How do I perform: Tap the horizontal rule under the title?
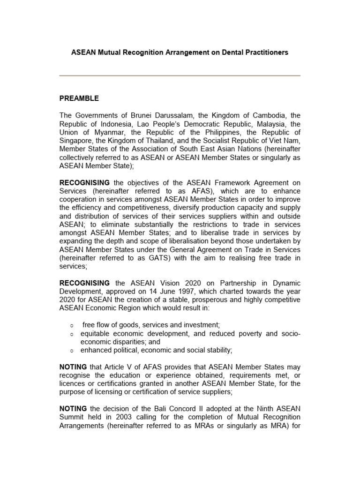(x=180, y=75)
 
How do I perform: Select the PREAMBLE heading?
(x=79, y=98)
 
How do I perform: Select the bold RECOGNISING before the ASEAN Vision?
(x=84, y=283)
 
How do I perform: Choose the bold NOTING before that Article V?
(x=73, y=367)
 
